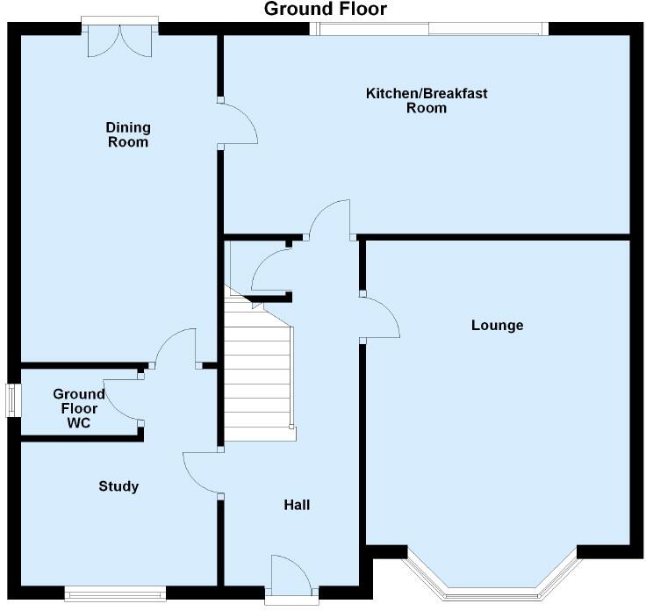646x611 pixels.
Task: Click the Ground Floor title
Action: click(326, 9)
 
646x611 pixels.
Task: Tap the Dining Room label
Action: click(128, 134)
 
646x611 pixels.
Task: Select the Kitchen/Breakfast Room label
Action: click(427, 101)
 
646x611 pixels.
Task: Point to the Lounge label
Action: click(498, 325)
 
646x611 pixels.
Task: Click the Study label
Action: click(118, 486)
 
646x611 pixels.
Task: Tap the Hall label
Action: click(297, 505)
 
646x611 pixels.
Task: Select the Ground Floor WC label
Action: click(79, 408)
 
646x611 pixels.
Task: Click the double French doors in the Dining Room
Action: click(120, 40)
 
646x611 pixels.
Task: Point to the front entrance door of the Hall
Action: click(291, 576)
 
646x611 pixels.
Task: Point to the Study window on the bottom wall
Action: click(115, 593)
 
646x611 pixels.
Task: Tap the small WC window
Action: click(13, 400)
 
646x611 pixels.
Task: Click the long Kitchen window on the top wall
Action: click(429, 28)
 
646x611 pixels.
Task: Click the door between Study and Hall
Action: click(202, 472)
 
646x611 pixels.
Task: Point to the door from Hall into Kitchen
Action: click(330, 219)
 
